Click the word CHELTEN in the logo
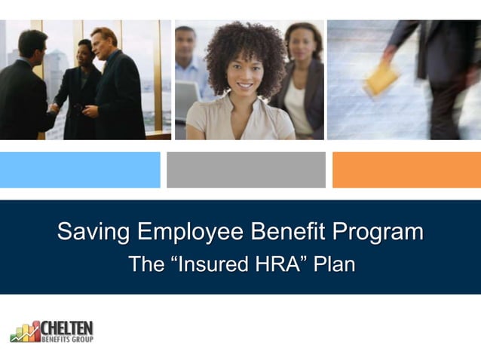point(67,328)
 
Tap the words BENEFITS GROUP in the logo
point(67,339)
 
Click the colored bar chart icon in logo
point(25,331)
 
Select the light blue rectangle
point(80,169)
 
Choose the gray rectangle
point(246,169)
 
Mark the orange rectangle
point(406,169)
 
